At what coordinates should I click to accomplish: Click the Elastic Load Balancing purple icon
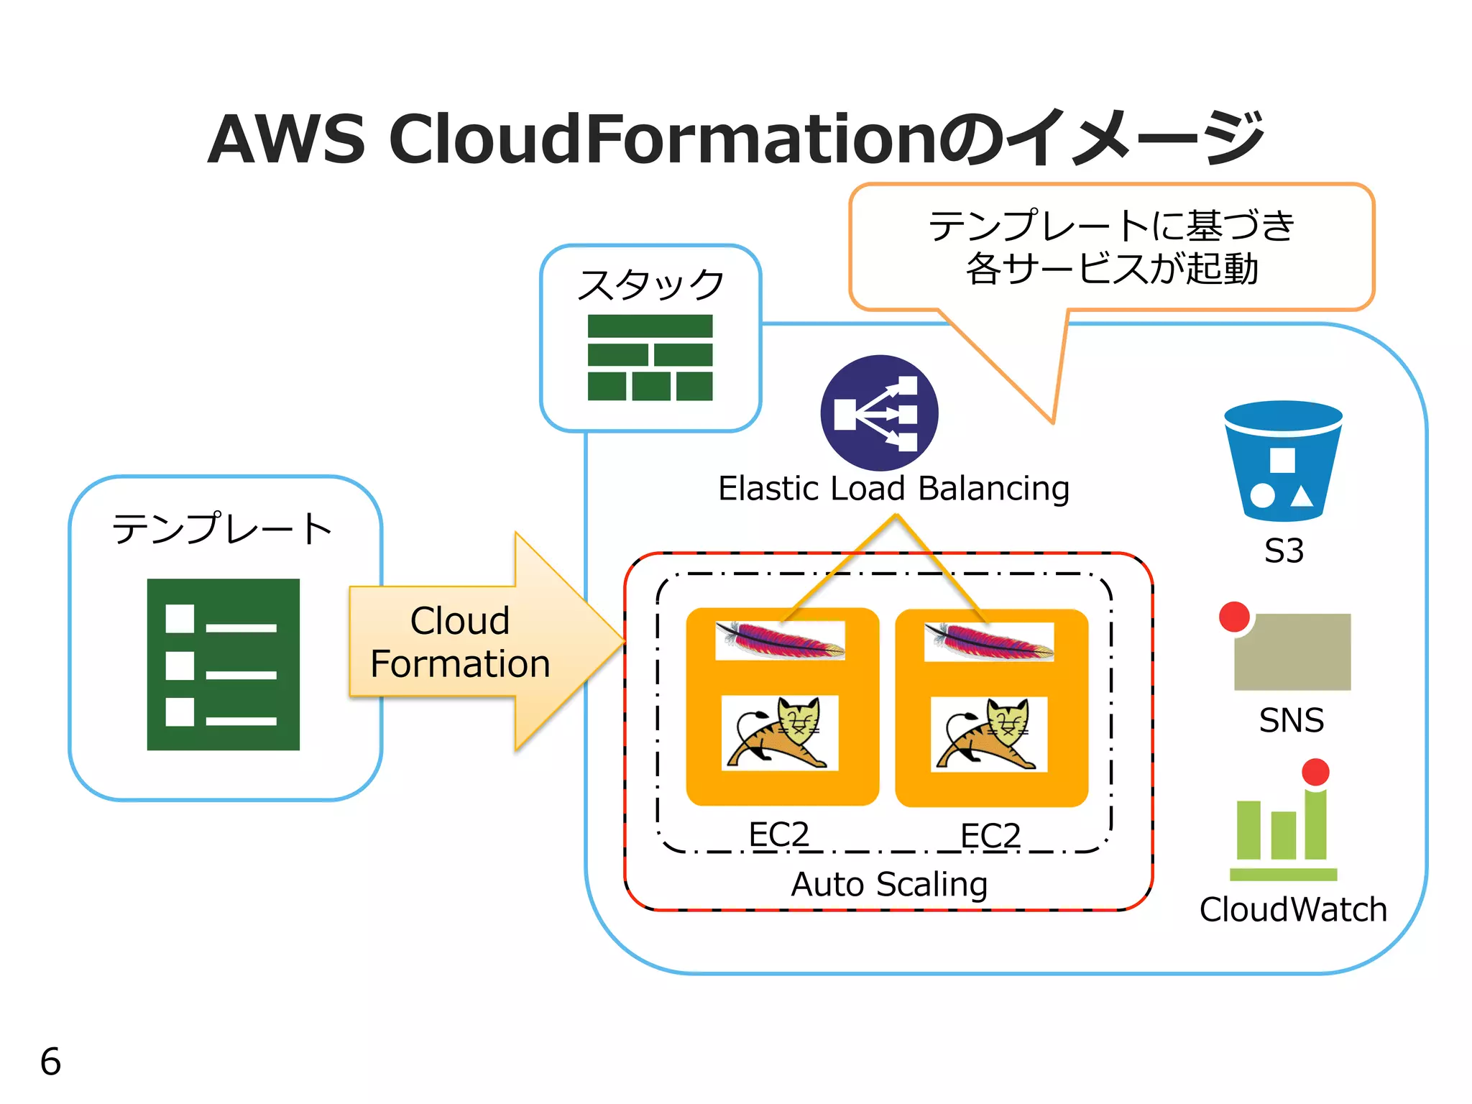tap(879, 413)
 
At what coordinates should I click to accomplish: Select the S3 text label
tap(1284, 551)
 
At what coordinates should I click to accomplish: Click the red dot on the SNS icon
tap(1234, 617)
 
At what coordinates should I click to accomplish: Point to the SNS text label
tap(1291, 720)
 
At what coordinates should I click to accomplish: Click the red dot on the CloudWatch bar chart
tap(1315, 772)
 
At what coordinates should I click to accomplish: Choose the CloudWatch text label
tap(1292, 910)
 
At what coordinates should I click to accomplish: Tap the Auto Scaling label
tap(889, 884)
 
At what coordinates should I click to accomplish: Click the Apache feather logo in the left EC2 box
tap(780, 640)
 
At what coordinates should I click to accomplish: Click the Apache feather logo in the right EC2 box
tap(989, 641)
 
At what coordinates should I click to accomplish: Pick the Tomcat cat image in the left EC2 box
tap(780, 733)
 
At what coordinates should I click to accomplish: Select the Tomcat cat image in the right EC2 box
tap(989, 735)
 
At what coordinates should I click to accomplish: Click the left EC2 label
tap(779, 834)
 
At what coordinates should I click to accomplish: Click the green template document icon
tap(223, 664)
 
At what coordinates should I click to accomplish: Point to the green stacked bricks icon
tap(650, 357)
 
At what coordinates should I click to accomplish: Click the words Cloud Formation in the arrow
tap(460, 642)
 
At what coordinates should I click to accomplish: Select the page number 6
tap(50, 1062)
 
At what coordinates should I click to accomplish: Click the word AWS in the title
tap(287, 139)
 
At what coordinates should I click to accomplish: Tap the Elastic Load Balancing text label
tap(893, 489)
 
